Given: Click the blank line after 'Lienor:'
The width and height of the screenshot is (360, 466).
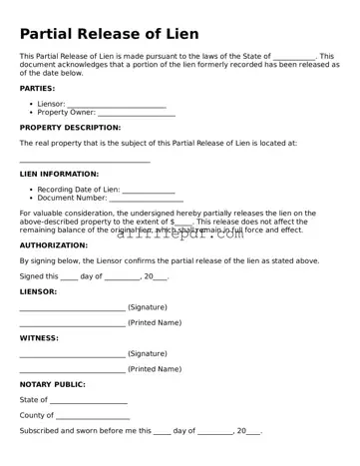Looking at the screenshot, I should pos(116,105).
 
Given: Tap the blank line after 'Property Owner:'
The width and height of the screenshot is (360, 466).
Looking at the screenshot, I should pos(137,114).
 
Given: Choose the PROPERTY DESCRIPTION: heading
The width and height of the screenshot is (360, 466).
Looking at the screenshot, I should pos(70,128).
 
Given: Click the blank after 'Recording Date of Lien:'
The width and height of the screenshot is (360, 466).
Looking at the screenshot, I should pos(149,190).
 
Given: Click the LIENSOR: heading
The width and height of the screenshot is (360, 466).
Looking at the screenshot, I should pos(38,291).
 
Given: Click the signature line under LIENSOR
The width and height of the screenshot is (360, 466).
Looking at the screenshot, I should pos(72,308).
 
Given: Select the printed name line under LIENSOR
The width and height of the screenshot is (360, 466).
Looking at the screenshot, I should pos(72,323).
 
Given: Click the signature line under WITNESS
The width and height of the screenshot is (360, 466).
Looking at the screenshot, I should pos(72,354).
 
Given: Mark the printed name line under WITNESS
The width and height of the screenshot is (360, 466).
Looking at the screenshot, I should pos(72,370).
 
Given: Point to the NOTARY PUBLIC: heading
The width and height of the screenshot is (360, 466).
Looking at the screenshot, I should pos(52,384).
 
